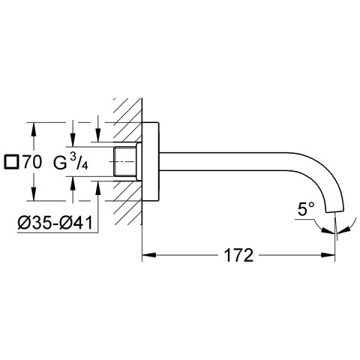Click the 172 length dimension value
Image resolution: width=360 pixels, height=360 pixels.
tap(238, 255)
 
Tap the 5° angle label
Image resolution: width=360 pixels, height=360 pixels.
tap(306, 209)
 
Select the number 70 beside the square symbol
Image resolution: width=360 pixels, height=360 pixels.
tap(32, 162)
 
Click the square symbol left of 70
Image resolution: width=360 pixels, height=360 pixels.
tap(12, 162)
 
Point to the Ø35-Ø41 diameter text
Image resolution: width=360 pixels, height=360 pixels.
tap(55, 223)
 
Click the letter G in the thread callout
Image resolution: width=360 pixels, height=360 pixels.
tap(60, 163)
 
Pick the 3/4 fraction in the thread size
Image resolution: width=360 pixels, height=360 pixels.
tap(79, 162)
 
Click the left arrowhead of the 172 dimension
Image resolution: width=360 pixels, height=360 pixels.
tap(149, 255)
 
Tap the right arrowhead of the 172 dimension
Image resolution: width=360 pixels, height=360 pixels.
tap(328, 255)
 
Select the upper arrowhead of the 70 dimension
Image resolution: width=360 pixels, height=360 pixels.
tap(34, 130)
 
